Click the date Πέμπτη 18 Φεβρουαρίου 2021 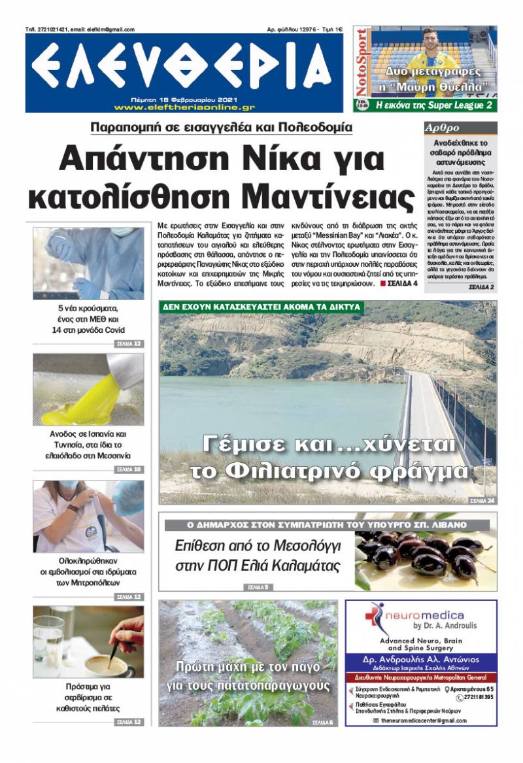click(x=184, y=99)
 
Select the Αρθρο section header click(x=443, y=128)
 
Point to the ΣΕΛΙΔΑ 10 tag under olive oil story click(x=128, y=469)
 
